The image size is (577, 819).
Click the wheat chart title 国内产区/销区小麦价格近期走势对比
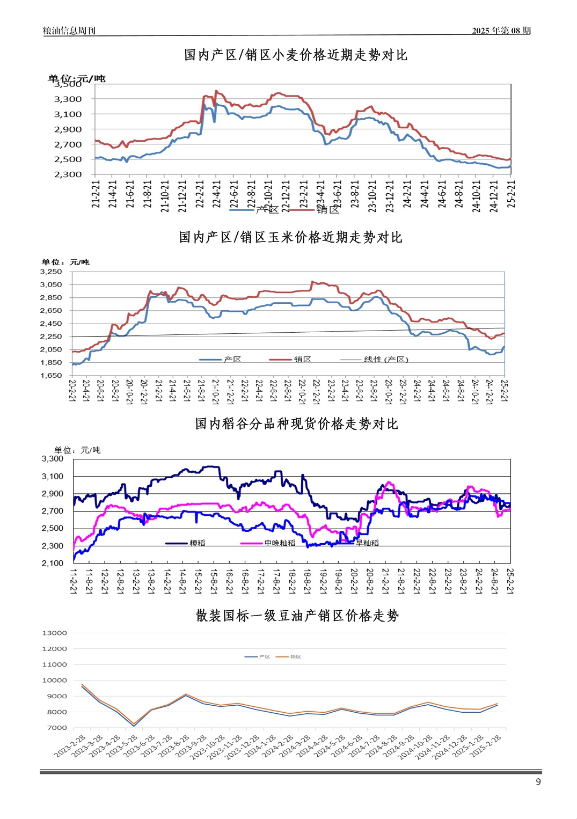(295, 55)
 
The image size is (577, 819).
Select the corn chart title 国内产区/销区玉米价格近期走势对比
(290, 237)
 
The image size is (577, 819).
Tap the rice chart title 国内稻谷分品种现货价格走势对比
(296, 424)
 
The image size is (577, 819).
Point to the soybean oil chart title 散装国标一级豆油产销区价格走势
(297, 616)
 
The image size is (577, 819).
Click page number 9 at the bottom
(538, 782)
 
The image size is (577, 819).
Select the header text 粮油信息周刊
(69, 31)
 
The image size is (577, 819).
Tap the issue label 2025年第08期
(501, 31)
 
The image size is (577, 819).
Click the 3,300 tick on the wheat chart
(68, 99)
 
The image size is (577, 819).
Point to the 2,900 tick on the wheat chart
(68, 129)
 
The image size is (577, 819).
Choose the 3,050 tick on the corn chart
(51, 285)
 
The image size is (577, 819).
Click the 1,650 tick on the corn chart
(51, 376)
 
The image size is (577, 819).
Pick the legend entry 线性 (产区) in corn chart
(386, 360)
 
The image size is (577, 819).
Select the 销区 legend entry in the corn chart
(302, 360)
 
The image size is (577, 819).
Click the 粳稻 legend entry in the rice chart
(197, 543)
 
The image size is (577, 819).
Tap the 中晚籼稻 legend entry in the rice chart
(280, 543)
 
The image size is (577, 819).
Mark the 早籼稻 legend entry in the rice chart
(367, 543)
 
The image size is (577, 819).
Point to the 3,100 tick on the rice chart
(53, 477)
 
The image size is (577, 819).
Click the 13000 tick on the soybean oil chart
(55, 633)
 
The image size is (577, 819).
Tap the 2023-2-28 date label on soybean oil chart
(70, 747)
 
